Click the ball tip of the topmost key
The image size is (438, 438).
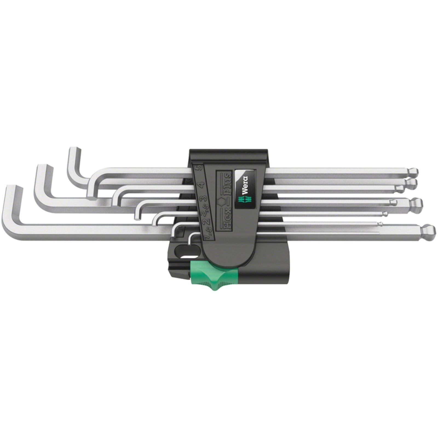[413, 172]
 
